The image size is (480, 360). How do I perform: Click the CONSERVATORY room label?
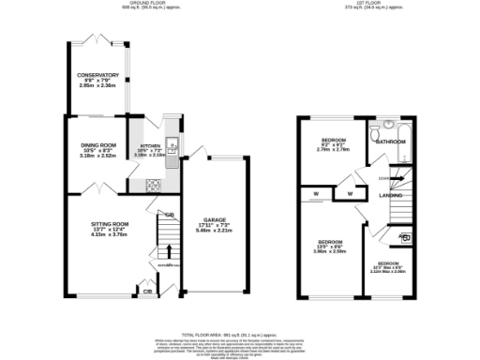[x=98, y=75]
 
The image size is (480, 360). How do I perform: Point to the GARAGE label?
[x=216, y=220]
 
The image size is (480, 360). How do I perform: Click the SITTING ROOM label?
[x=111, y=225]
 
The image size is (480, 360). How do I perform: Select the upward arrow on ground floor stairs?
[x=168, y=250]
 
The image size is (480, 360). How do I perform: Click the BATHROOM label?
[x=390, y=142]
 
